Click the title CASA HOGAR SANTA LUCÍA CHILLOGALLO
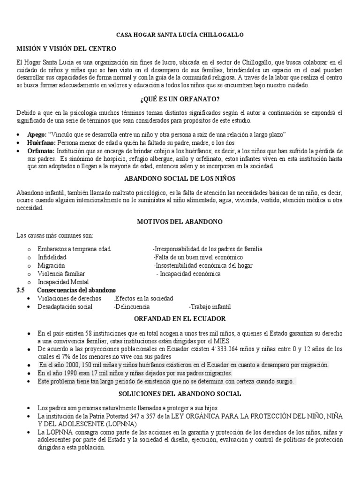(180, 35)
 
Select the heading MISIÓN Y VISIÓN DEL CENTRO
(66, 49)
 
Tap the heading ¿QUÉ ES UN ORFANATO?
(180, 99)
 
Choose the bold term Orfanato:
(41, 151)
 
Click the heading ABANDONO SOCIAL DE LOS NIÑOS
(180, 179)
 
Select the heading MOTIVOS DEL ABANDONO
(180, 221)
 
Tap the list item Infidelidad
(52, 257)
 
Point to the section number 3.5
(20, 291)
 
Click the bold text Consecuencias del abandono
(76, 291)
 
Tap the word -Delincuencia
(132, 307)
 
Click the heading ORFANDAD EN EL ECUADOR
(180, 319)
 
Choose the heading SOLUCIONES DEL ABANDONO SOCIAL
(180, 394)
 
